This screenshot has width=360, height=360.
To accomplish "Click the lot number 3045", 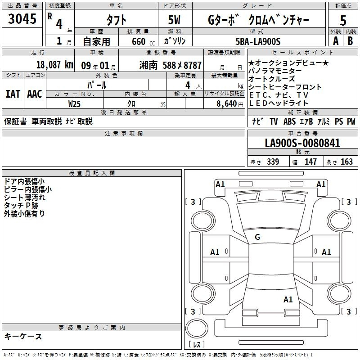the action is [x=22, y=19].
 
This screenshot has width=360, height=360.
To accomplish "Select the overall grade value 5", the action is [x=343, y=21].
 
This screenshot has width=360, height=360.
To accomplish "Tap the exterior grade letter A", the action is [x=336, y=41].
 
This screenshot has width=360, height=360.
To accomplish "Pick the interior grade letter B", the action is [x=350, y=41].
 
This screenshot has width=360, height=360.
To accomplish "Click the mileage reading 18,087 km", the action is [x=54, y=65].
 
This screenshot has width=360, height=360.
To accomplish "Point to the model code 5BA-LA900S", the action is [x=258, y=41].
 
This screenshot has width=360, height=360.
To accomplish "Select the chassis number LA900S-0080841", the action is [x=302, y=143].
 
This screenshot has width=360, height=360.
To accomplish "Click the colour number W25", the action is [x=74, y=104].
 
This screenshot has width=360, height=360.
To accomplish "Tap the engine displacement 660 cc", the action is [x=143, y=42].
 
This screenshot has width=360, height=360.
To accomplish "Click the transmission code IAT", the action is [x=13, y=94].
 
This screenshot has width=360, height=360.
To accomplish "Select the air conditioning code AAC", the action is [x=35, y=94].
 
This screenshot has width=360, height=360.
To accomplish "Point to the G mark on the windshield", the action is [x=257, y=237].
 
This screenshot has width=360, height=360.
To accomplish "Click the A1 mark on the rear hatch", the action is [x=288, y=299].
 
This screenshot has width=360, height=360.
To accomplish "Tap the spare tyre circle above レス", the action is [x=197, y=328].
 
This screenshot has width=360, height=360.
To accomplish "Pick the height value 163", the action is [x=346, y=162].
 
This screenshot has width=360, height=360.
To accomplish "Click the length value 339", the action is [x=273, y=162].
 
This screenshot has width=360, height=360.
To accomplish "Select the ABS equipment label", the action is [x=289, y=121].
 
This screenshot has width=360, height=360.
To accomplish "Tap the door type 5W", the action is [x=174, y=20].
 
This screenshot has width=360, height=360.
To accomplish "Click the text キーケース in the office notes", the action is [x=23, y=337].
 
